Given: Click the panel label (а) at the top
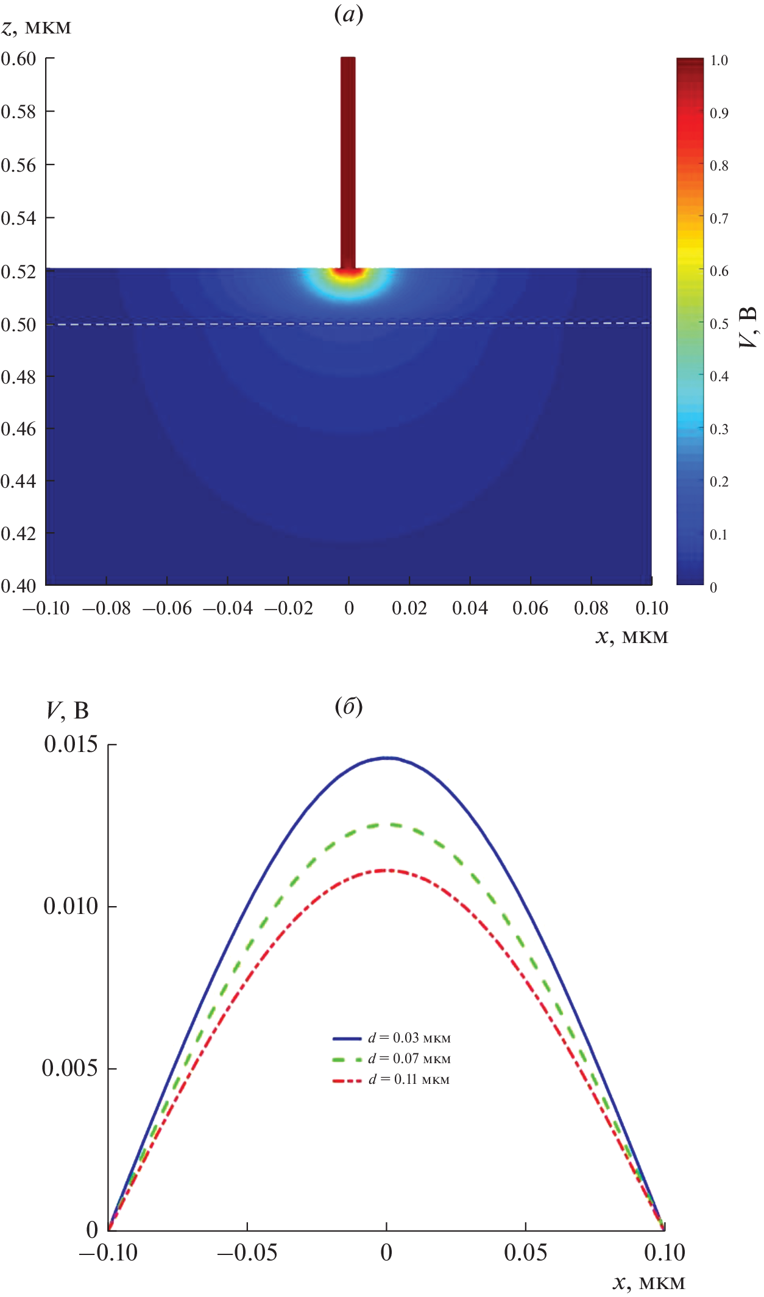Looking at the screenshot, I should coord(348,14).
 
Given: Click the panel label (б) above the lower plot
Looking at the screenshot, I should coord(348,706).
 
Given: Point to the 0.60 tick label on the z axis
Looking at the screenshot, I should coord(19,59).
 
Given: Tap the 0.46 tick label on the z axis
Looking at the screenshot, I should coord(19,429).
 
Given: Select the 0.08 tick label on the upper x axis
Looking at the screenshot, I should coord(591,608).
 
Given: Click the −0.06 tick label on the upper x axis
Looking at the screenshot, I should coord(167,608).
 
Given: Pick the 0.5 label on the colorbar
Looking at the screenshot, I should coord(719,323).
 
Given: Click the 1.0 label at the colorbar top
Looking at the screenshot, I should coord(719,60).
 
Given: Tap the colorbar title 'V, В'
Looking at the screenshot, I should coord(748,327).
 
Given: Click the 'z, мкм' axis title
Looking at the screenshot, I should coord(37,27).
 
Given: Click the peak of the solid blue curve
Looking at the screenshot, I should coord(387,758).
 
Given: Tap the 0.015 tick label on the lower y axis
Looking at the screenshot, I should coord(71,744).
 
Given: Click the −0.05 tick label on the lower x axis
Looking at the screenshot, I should coord(247,1253).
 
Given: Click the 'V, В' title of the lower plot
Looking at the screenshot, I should coord(68,710).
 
